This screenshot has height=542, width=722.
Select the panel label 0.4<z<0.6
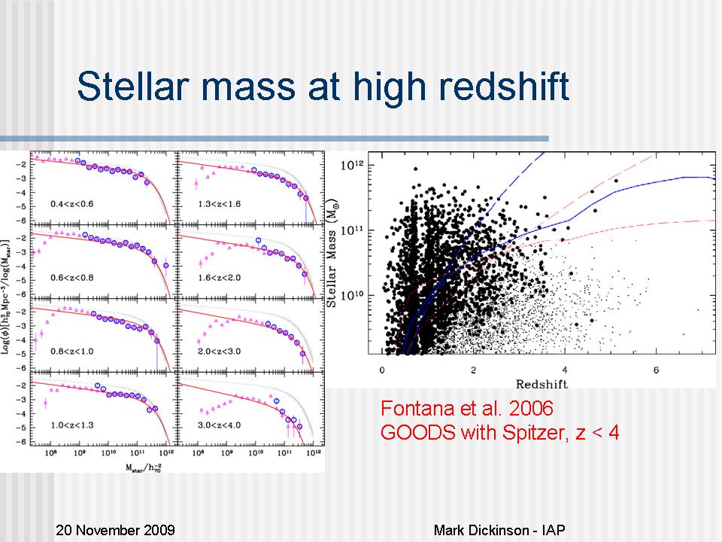tap(73, 203)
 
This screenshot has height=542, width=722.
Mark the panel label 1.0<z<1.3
tap(73, 425)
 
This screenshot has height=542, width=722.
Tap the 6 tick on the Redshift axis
tap(656, 370)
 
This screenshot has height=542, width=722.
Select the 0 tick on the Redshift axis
tap(382, 370)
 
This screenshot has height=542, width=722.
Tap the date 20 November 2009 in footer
tap(116, 530)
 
